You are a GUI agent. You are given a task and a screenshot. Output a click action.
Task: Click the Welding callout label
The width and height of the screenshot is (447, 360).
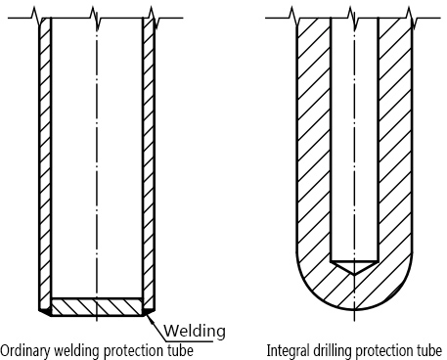pyautogui.click(x=196, y=329)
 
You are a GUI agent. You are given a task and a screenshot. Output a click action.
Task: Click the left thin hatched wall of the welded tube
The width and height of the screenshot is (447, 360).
pyautogui.click(x=42, y=157)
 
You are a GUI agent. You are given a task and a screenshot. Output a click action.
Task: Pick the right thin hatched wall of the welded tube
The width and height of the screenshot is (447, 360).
pyautogui.click(x=149, y=157)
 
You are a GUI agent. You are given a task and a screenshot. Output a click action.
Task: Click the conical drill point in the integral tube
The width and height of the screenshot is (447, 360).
pyautogui.click(x=354, y=265)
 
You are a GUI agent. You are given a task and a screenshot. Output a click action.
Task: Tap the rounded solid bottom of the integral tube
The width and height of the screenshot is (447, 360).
pyautogui.click(x=354, y=293)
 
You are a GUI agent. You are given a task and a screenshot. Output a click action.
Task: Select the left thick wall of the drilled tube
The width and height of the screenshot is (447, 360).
pyautogui.click(x=312, y=147)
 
